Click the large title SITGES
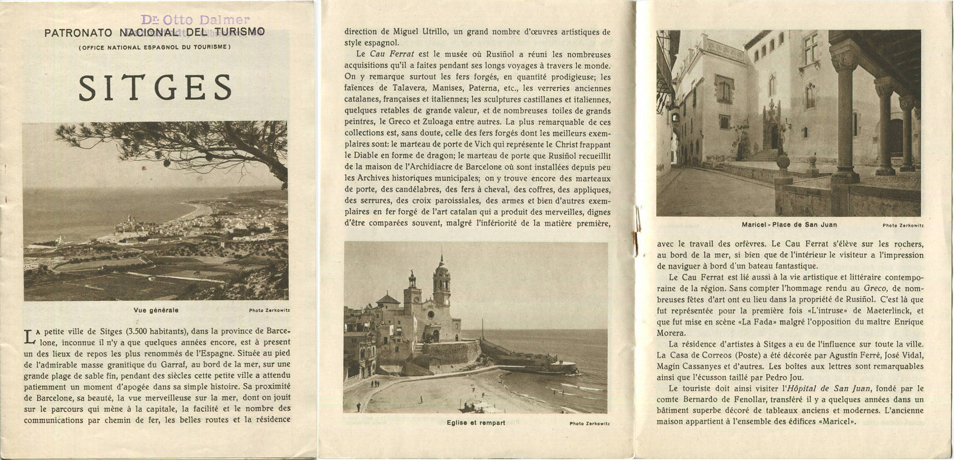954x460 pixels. coord(155,88)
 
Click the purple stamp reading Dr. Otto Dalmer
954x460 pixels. coord(195,20)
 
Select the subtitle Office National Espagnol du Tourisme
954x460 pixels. coord(154,48)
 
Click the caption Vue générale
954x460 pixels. coord(156,310)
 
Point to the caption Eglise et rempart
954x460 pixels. coord(475,423)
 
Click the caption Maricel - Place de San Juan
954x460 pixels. coord(789,225)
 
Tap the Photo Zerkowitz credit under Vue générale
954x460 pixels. coord(269,311)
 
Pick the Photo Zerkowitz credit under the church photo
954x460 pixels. coord(589,423)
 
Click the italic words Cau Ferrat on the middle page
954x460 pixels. coord(385,54)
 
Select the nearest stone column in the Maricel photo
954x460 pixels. coord(845,115)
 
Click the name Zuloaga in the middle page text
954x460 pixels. coord(467,122)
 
